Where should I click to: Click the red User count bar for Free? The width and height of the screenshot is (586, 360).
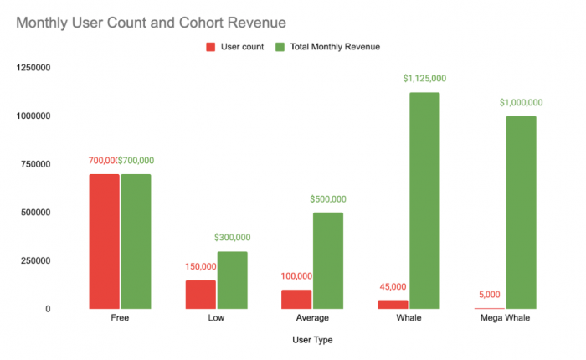point(105,241)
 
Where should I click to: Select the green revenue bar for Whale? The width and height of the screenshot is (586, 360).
point(424,201)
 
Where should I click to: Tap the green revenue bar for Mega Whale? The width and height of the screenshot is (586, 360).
point(521,213)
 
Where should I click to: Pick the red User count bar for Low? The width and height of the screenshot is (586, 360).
point(201,295)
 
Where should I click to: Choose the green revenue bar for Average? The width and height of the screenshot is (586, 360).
point(328,260)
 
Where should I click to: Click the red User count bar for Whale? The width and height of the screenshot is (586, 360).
point(393,304)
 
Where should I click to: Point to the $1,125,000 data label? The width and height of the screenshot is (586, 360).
point(424,79)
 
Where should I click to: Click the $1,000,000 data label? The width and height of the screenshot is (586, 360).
point(521,102)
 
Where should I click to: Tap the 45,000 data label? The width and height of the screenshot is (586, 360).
point(393,286)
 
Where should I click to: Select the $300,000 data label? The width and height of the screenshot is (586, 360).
point(232,238)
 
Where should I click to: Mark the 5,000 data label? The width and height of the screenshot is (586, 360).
point(489,295)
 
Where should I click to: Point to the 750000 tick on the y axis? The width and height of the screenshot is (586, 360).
point(35,164)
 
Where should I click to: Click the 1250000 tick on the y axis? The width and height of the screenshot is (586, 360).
point(33,68)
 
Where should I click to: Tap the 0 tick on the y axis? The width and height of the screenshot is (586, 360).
point(48,309)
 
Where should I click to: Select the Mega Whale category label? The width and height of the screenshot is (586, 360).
point(505,318)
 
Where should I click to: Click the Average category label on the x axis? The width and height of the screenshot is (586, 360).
point(312,318)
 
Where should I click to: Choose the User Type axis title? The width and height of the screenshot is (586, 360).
point(312,340)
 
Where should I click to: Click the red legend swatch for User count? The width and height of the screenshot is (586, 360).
point(211,47)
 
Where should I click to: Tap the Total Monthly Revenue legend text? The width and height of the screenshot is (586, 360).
point(335,47)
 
